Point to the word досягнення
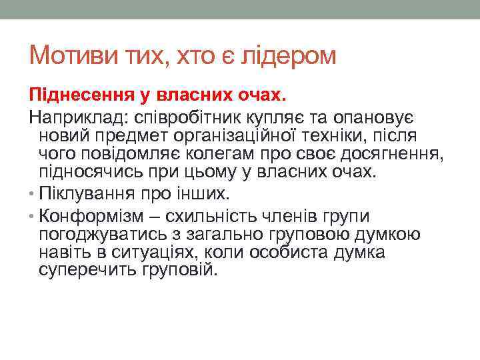(391, 155)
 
